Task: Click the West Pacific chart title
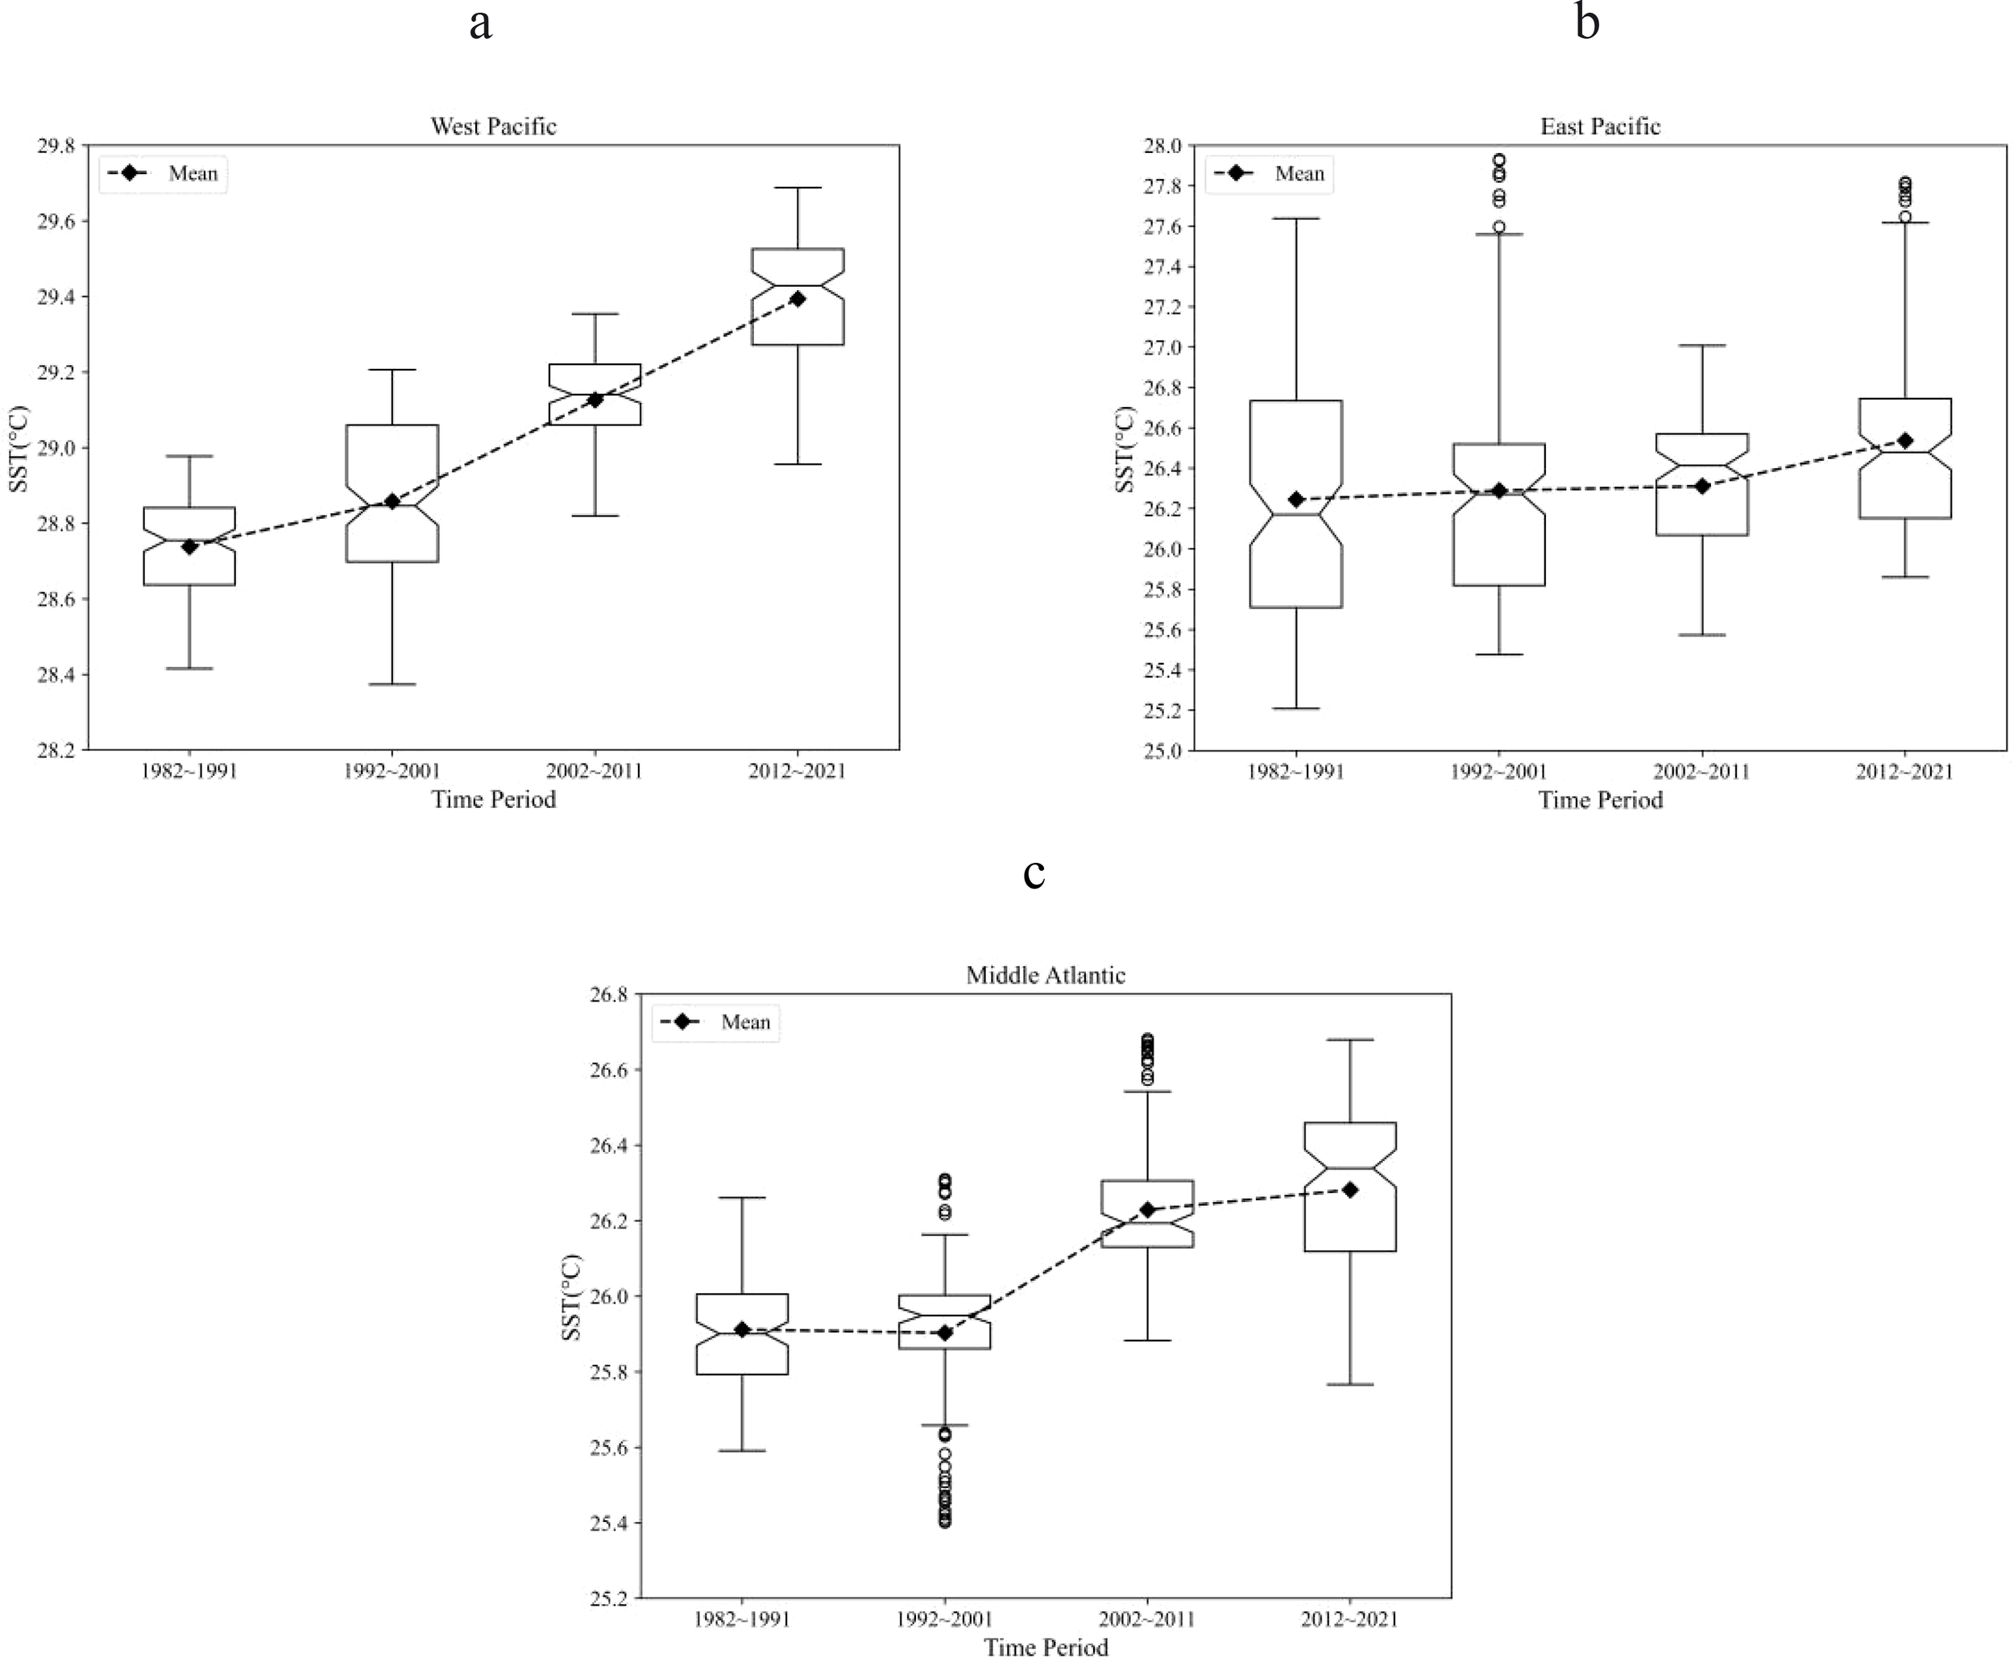[x=493, y=126]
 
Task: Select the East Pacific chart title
[x=1600, y=126]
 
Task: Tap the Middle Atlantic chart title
[x=1046, y=975]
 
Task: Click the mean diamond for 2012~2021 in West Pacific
[x=798, y=299]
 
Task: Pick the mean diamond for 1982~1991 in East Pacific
[x=1296, y=499]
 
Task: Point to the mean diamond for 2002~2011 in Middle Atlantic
[x=1148, y=1210]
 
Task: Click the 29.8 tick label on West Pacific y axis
[x=56, y=146]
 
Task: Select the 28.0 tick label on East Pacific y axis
[x=1162, y=146]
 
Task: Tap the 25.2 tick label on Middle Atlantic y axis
[x=608, y=1598]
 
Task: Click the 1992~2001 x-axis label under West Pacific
[x=392, y=771]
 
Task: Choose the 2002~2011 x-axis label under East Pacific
[x=1701, y=771]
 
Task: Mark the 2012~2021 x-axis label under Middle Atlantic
[x=1349, y=1619]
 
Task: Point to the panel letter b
[x=1587, y=21]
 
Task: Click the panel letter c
[x=1034, y=872]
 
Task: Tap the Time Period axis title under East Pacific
[x=1600, y=799]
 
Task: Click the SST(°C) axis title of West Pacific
[x=19, y=449]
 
